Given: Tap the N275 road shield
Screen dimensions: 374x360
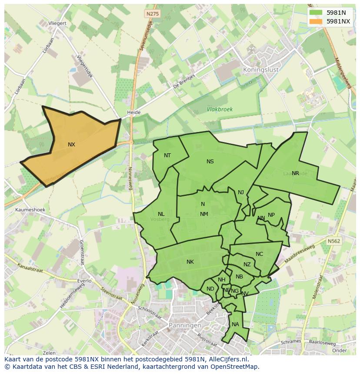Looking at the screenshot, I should pos(153,14).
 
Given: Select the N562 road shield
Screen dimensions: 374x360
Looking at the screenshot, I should pos(334,241).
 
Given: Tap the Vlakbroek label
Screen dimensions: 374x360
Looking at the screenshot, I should pos(220,109).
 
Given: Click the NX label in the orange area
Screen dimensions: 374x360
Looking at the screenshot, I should pos(71,145).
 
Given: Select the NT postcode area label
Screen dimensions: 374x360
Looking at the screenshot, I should pos(167,156).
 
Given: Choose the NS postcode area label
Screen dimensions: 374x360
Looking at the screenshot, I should pos(210,162).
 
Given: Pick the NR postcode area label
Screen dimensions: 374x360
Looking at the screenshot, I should pos(295,173).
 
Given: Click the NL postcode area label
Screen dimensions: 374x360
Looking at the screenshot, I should pos(161,214).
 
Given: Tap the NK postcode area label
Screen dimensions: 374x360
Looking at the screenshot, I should pos(190,262).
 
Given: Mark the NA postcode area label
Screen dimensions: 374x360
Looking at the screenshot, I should pos(235,324).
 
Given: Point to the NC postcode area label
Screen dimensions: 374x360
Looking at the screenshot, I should pos(259,255).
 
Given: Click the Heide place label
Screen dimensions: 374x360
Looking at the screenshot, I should pos(133,113).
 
